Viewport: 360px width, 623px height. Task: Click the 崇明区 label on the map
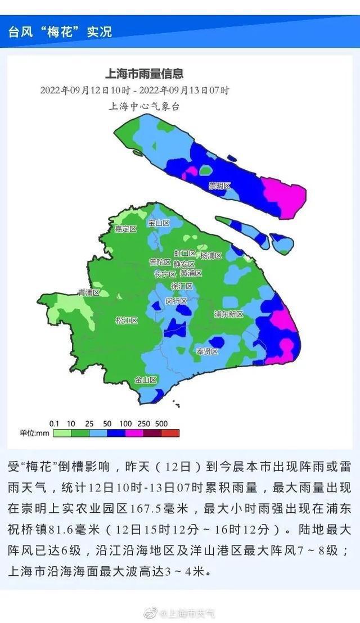tap(220, 186)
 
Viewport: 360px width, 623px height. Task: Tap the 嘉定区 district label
tap(126, 229)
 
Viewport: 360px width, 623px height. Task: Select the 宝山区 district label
tap(159, 223)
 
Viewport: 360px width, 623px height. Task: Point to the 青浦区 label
tap(89, 292)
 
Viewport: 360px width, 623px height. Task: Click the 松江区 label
tap(127, 320)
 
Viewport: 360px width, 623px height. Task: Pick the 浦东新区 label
tap(229, 314)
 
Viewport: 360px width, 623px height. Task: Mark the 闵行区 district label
tap(176, 301)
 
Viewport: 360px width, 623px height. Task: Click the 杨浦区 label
tap(211, 255)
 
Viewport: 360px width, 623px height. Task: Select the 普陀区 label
tap(160, 262)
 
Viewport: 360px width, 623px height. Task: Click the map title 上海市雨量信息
tap(145, 73)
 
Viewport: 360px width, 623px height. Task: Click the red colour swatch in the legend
tap(171, 433)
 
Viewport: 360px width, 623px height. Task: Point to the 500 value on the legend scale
tap(162, 423)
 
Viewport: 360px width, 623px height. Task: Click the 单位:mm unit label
tap(35, 433)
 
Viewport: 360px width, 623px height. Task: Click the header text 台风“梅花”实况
tap(60, 31)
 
